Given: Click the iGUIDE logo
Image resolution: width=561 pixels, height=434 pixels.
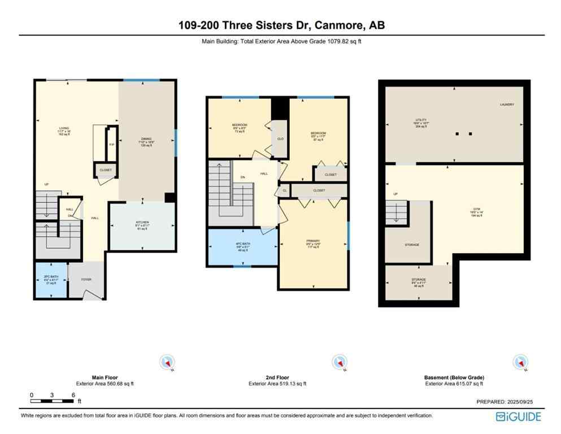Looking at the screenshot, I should (518, 416).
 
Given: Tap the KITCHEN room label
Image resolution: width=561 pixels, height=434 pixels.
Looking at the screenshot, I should (142, 222).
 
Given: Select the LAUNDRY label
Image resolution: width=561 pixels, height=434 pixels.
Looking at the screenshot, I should (506, 105).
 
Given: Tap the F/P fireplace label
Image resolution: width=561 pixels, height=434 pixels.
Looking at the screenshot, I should (111, 145).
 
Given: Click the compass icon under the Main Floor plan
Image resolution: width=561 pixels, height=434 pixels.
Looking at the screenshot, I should (168, 362).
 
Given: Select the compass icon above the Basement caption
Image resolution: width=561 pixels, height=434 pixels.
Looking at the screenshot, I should (520, 362).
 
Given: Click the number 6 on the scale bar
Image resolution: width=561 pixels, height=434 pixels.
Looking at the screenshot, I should (73, 395).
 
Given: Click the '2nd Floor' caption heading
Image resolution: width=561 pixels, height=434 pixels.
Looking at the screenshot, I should (277, 377).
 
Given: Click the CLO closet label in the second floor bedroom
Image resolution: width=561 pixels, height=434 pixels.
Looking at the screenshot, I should (280, 138).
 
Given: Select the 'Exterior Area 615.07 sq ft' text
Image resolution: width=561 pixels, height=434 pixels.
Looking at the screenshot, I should (454, 384).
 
